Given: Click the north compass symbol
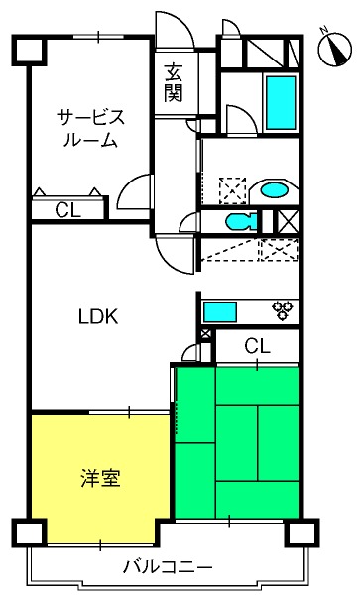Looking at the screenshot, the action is tap(334, 49).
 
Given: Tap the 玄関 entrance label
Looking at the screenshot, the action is tap(174, 83).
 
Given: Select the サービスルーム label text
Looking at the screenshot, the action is tap(90, 129).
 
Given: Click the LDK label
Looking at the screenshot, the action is tap(98, 316).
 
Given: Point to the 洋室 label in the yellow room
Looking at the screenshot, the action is tap(101, 478).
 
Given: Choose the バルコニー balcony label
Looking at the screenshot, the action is tap(168, 567).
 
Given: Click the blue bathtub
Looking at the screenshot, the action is tap(281, 102).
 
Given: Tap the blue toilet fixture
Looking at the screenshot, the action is tap(241, 222).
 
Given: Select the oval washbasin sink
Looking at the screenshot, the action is tap(274, 189).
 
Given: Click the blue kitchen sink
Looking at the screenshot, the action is tap(220, 312).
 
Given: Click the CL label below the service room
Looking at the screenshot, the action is tap(67, 210).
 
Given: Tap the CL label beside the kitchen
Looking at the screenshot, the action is tap(258, 346).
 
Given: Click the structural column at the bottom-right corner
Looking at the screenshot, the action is tap(301, 533).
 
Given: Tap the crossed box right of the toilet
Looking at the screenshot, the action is tap(289, 221).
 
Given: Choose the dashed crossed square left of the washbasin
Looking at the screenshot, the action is tap(232, 190).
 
